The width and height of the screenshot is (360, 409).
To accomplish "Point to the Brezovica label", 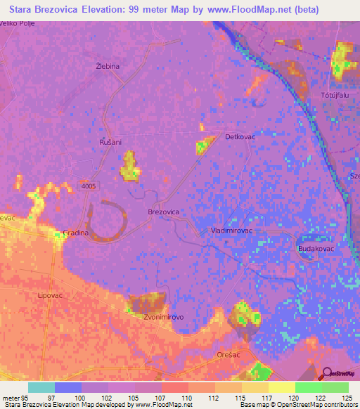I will point(164,212).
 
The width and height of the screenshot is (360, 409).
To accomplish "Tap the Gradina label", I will point(75,233).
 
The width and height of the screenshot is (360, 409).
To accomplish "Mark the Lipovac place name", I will point(51,296).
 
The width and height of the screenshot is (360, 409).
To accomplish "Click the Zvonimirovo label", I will point(164,317).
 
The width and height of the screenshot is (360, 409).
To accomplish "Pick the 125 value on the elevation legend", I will point(347,397).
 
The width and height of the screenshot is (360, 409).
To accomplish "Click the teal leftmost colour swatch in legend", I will point(41,387).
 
